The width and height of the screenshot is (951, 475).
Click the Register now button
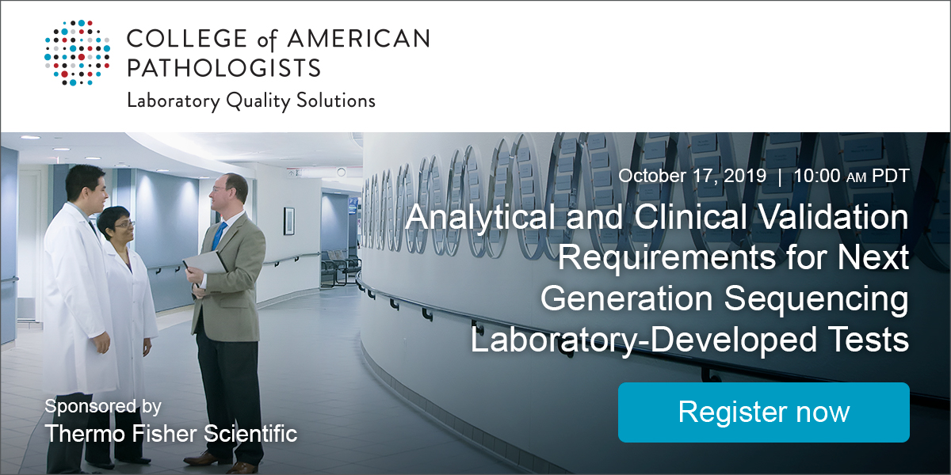click(x=763, y=412)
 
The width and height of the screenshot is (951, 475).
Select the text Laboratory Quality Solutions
click(x=251, y=101)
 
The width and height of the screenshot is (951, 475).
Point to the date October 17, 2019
click(x=692, y=176)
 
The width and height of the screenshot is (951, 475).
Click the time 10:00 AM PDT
click(x=850, y=176)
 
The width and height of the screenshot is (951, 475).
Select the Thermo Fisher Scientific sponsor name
click(x=171, y=433)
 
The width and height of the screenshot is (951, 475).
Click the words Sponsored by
click(x=103, y=407)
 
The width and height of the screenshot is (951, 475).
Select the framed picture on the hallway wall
click(x=288, y=221)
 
